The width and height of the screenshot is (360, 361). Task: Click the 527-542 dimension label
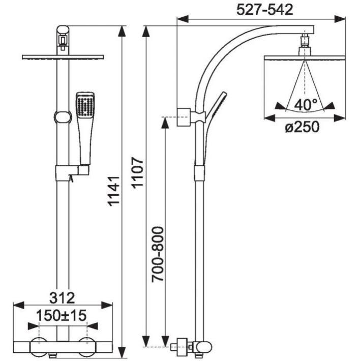265,10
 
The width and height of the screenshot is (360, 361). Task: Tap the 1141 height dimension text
114,191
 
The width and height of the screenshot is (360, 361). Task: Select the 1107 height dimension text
138,173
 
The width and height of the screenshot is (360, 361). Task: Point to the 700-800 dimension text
158,254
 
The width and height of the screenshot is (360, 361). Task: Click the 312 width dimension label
62,297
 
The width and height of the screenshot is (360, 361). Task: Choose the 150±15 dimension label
62,315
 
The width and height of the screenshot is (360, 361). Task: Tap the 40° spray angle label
306,105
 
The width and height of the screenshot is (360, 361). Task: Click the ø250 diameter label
302,127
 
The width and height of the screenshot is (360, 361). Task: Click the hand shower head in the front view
85,105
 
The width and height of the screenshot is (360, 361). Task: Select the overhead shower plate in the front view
63,57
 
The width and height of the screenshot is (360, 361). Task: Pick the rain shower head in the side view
305,58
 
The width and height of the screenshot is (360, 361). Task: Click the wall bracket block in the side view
184,117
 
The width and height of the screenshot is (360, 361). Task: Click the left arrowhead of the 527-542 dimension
183,19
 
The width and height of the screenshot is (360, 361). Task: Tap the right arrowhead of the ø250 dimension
340,118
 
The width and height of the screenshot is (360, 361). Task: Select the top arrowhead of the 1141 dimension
122,32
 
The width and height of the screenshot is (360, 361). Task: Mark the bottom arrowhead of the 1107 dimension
146,341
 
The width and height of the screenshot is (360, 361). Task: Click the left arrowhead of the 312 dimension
19,305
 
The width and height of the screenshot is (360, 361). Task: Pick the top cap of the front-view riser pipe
63,29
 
